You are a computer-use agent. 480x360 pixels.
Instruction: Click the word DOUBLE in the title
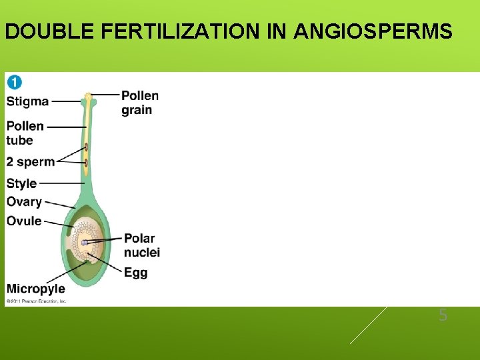click(39, 31)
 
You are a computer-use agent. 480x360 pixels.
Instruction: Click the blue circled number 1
click(14, 82)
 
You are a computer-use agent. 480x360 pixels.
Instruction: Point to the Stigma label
click(27, 101)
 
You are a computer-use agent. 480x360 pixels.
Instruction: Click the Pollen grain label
click(140, 103)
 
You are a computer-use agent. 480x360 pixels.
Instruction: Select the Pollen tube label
click(25, 133)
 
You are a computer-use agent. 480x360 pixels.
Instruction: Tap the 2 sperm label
click(30, 162)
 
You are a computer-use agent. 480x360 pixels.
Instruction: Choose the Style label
click(21, 183)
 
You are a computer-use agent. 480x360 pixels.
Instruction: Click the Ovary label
click(24, 201)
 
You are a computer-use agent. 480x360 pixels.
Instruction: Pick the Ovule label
click(24, 221)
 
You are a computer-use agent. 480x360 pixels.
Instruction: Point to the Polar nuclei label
click(141, 245)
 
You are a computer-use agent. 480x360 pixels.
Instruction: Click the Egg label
click(135, 272)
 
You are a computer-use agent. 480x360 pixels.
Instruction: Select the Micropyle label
click(35, 289)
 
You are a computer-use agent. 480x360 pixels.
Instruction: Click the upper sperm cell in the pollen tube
click(86, 147)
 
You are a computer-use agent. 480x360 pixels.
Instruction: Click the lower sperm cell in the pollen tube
click(86, 162)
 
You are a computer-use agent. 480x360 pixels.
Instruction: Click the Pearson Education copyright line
click(36, 301)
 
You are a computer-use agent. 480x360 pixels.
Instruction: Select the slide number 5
click(443, 316)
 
